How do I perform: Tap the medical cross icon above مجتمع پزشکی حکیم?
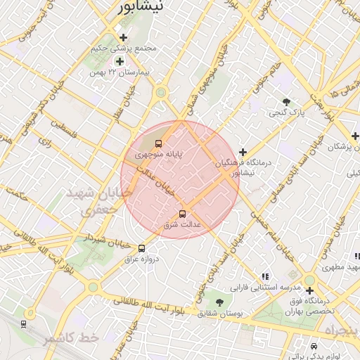tap(124, 37)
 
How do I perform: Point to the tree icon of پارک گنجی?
tap(286, 102)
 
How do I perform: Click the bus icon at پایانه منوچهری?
tap(157, 143)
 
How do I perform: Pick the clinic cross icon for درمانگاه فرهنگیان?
tap(243, 152)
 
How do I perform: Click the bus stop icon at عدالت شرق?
tap(183, 214)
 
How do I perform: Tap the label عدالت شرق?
tap(182, 224)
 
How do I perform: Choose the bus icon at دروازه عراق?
tap(142, 248)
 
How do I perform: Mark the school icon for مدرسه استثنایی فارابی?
tap(264, 277)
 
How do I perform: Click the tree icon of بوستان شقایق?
tap(220, 302)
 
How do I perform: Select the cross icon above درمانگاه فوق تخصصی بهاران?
tap(309, 289)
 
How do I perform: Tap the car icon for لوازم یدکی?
tap(314, 347)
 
